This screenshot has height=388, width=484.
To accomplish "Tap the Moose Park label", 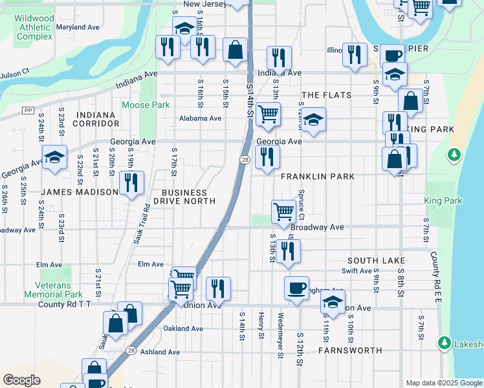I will (146, 105).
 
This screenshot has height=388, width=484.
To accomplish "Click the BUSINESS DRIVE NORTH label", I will (184, 197).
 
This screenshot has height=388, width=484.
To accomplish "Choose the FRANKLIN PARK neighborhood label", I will (317, 176).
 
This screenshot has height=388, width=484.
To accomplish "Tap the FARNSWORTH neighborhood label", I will (350, 350).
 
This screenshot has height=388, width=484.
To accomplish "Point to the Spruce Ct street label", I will (302, 208).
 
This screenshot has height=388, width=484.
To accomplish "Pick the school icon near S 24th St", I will (55, 157).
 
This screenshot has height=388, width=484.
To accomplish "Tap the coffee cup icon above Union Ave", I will (296, 287).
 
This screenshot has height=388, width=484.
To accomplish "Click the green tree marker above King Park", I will (454, 155).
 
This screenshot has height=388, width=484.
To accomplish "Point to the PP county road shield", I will (27, 111).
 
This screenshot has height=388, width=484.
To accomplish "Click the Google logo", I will (21, 380).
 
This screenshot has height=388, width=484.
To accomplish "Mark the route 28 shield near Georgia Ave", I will (245, 160).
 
